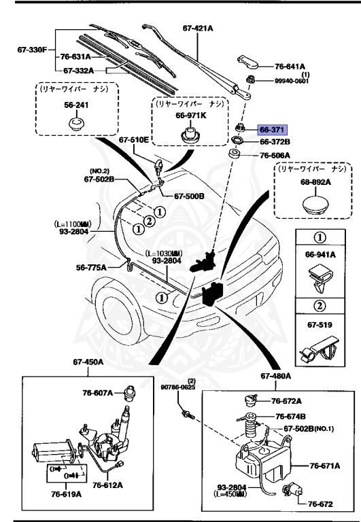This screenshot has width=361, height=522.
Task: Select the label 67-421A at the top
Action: click(x=198, y=29)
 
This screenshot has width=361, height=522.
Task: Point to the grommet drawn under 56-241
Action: click(x=75, y=125)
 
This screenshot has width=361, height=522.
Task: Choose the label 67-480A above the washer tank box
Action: click(x=275, y=376)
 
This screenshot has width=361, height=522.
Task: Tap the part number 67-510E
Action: click(x=134, y=140)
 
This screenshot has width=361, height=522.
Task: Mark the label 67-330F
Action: click(x=32, y=49)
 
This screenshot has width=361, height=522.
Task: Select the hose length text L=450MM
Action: click(x=230, y=494)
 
